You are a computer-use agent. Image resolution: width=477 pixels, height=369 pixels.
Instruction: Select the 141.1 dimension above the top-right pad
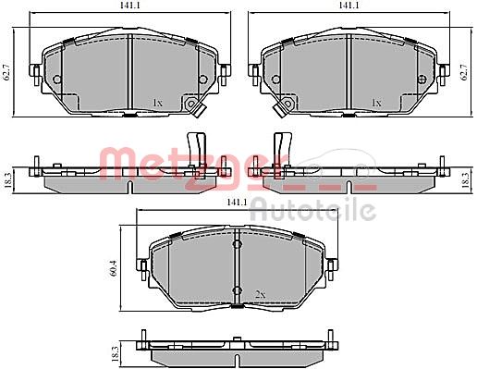(349, 6)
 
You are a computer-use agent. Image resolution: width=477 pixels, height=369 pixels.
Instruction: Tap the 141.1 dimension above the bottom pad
(237, 203)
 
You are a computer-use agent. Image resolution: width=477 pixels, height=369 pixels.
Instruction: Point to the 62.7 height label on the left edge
(7, 72)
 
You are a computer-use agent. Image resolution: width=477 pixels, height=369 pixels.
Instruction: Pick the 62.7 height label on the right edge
(464, 72)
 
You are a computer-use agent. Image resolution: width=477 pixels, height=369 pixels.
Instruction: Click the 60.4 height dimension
(113, 268)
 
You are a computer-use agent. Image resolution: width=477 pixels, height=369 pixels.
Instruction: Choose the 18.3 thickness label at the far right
(466, 180)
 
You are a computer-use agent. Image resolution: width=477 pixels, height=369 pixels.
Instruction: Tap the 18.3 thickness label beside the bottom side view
(115, 354)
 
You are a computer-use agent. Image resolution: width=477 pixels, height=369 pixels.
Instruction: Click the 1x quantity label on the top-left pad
(157, 103)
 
